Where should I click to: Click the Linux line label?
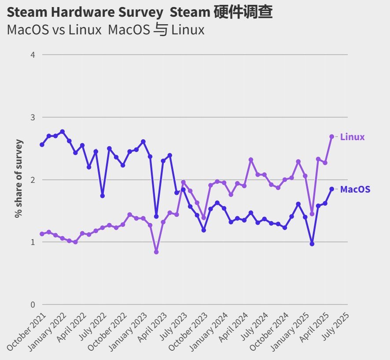[352, 137]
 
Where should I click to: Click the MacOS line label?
[355, 189]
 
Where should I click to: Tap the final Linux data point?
[332, 137]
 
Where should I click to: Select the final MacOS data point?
[332, 189]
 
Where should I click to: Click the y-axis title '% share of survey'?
[18, 178]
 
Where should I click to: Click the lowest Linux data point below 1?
[156, 252]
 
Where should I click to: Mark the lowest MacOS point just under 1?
[312, 244]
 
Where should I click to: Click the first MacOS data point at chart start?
[42, 145]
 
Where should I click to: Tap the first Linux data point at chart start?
[42, 234]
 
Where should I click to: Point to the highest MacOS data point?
[63, 132]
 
